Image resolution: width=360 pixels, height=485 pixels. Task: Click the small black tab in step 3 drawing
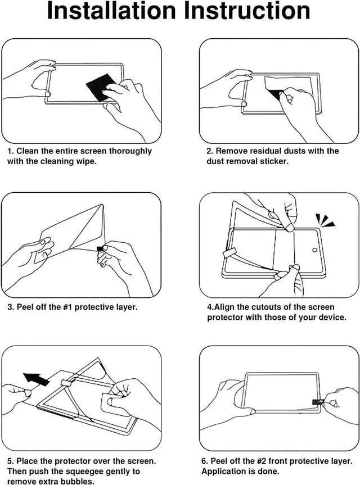pyautogui.click(x=100, y=248)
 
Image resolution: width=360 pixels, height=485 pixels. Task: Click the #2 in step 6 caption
pyautogui.click(x=255, y=461)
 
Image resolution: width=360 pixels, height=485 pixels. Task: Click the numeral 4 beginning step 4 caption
pyautogui.click(x=209, y=307)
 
